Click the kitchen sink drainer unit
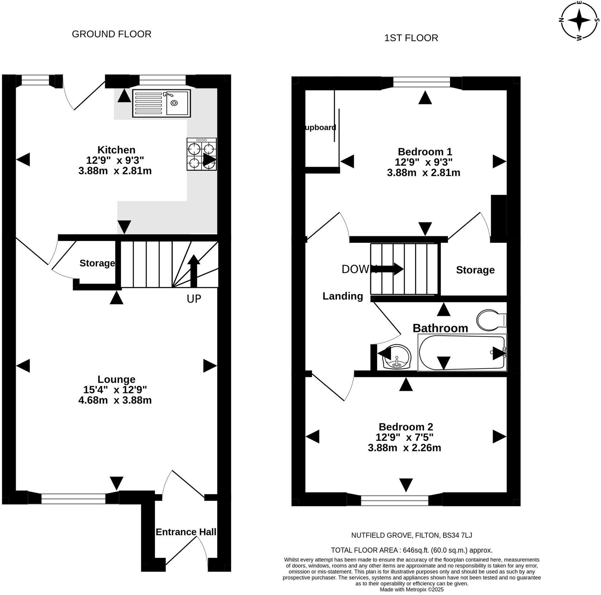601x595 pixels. [161, 103]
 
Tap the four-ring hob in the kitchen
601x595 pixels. [201, 154]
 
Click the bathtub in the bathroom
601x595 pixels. [462, 353]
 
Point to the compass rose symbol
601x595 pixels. [579, 20]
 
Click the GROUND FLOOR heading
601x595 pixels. [112, 34]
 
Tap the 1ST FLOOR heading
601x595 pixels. [411, 38]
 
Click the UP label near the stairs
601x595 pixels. [194, 299]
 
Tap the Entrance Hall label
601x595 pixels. [186, 532]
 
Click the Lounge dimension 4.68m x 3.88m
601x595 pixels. [115, 400]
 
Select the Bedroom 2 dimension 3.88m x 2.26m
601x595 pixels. [404, 447]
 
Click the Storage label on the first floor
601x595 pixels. [475, 270]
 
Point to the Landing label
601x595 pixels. [343, 296]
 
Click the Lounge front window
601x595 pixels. [73, 498]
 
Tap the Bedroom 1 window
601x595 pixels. [421, 83]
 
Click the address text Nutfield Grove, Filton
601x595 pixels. [411, 535]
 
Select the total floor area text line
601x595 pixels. [411, 550]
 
